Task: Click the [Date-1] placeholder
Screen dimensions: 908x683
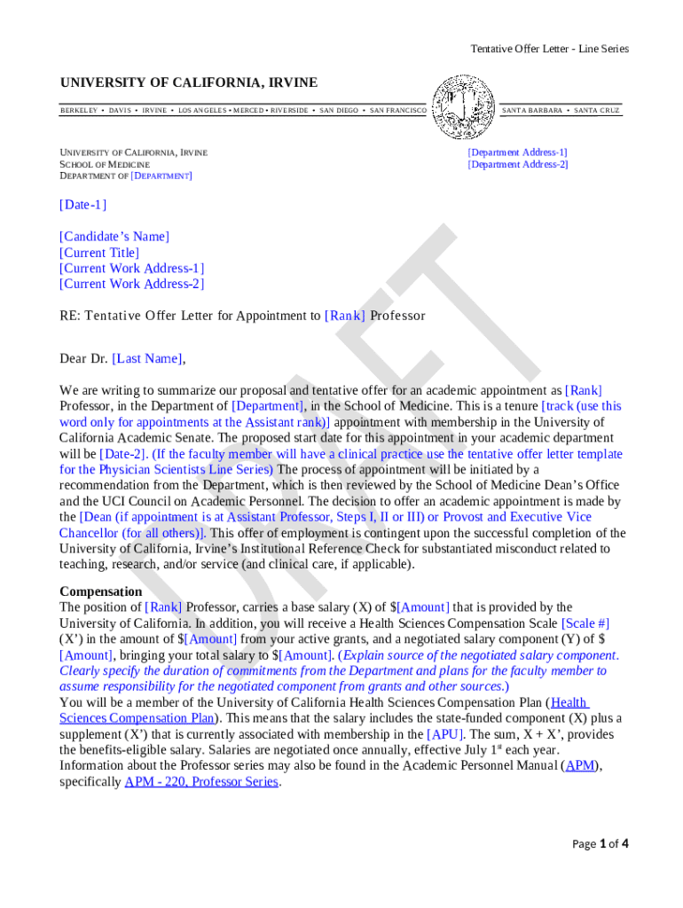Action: click(82, 205)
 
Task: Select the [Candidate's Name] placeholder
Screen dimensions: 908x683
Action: click(114, 236)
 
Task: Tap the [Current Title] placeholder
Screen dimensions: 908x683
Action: click(99, 252)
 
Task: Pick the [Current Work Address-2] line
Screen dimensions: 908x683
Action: click(131, 284)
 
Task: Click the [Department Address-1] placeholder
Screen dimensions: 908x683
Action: click(517, 153)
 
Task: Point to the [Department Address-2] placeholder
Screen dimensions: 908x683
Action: click(518, 164)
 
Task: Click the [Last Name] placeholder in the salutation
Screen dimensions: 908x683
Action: click(148, 358)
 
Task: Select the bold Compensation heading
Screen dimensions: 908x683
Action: click(100, 591)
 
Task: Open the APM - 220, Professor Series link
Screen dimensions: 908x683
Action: click(201, 781)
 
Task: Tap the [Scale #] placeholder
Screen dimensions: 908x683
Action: click(585, 622)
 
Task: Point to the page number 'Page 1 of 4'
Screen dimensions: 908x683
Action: click(600, 843)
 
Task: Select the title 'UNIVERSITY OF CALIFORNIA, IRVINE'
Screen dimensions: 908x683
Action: click(188, 82)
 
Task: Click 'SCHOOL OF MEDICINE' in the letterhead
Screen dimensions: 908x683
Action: click(105, 164)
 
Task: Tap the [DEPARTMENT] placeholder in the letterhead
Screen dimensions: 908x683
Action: click(161, 176)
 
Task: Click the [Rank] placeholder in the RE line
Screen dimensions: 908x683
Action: click(345, 316)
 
